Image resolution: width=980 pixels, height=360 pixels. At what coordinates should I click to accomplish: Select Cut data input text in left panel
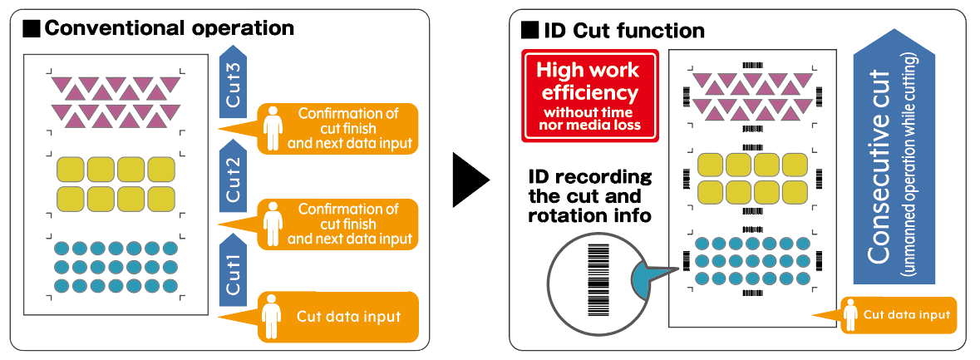click(348, 317)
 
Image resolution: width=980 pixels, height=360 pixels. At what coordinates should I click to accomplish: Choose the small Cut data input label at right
click(906, 314)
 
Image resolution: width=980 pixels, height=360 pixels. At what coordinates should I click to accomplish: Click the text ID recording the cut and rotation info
click(589, 197)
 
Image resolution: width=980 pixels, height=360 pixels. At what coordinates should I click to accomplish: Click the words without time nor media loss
click(590, 119)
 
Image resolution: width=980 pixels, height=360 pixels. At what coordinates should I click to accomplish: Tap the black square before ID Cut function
click(529, 32)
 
